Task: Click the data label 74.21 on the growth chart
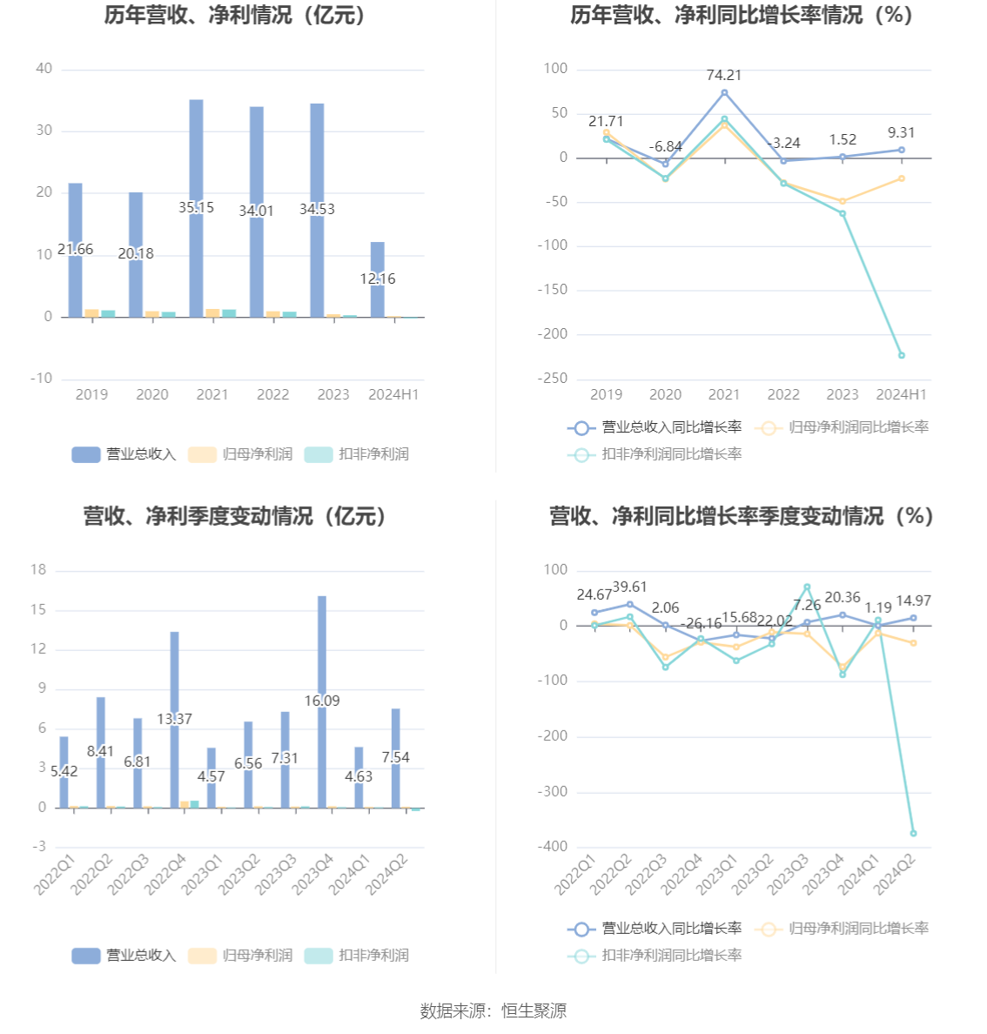click(724, 76)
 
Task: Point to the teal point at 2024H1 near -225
click(902, 355)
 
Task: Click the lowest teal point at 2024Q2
click(913, 833)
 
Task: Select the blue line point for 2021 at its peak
click(724, 92)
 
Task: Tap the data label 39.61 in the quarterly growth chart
click(629, 587)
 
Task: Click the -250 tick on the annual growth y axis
click(554, 379)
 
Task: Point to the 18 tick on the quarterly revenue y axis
click(38, 570)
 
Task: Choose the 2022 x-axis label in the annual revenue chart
click(272, 394)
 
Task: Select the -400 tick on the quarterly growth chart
click(554, 846)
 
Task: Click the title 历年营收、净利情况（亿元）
click(235, 15)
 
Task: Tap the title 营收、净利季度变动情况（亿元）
click(235, 516)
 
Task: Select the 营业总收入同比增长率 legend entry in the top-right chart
click(655, 427)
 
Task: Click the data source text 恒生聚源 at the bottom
click(534, 1010)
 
